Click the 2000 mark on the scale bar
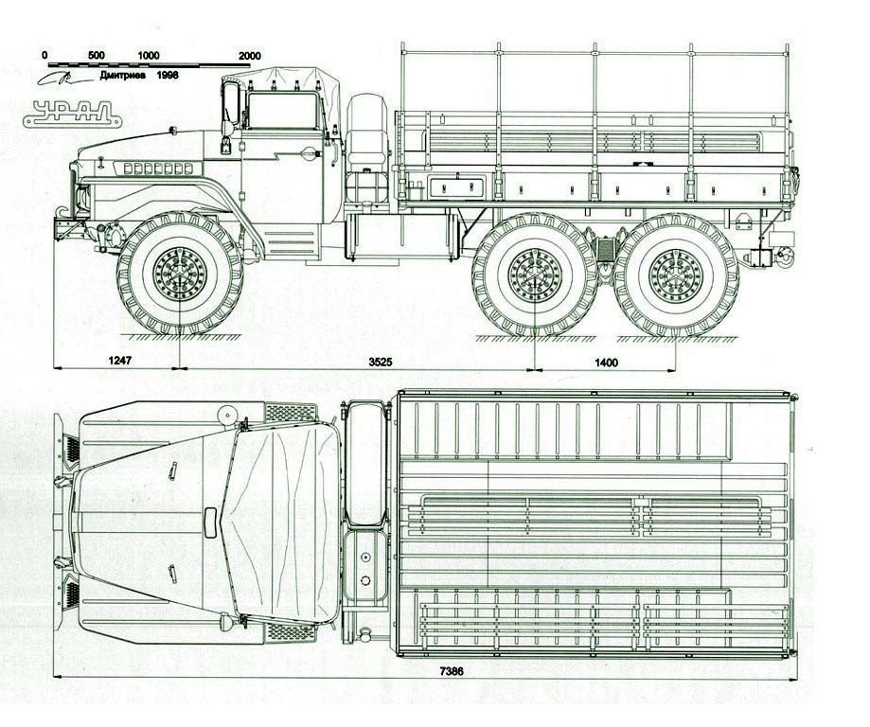tap(250, 55)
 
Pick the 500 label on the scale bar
tap(94, 55)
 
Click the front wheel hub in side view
tap(180, 275)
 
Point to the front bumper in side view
tap(64, 228)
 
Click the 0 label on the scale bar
tap(44, 55)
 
